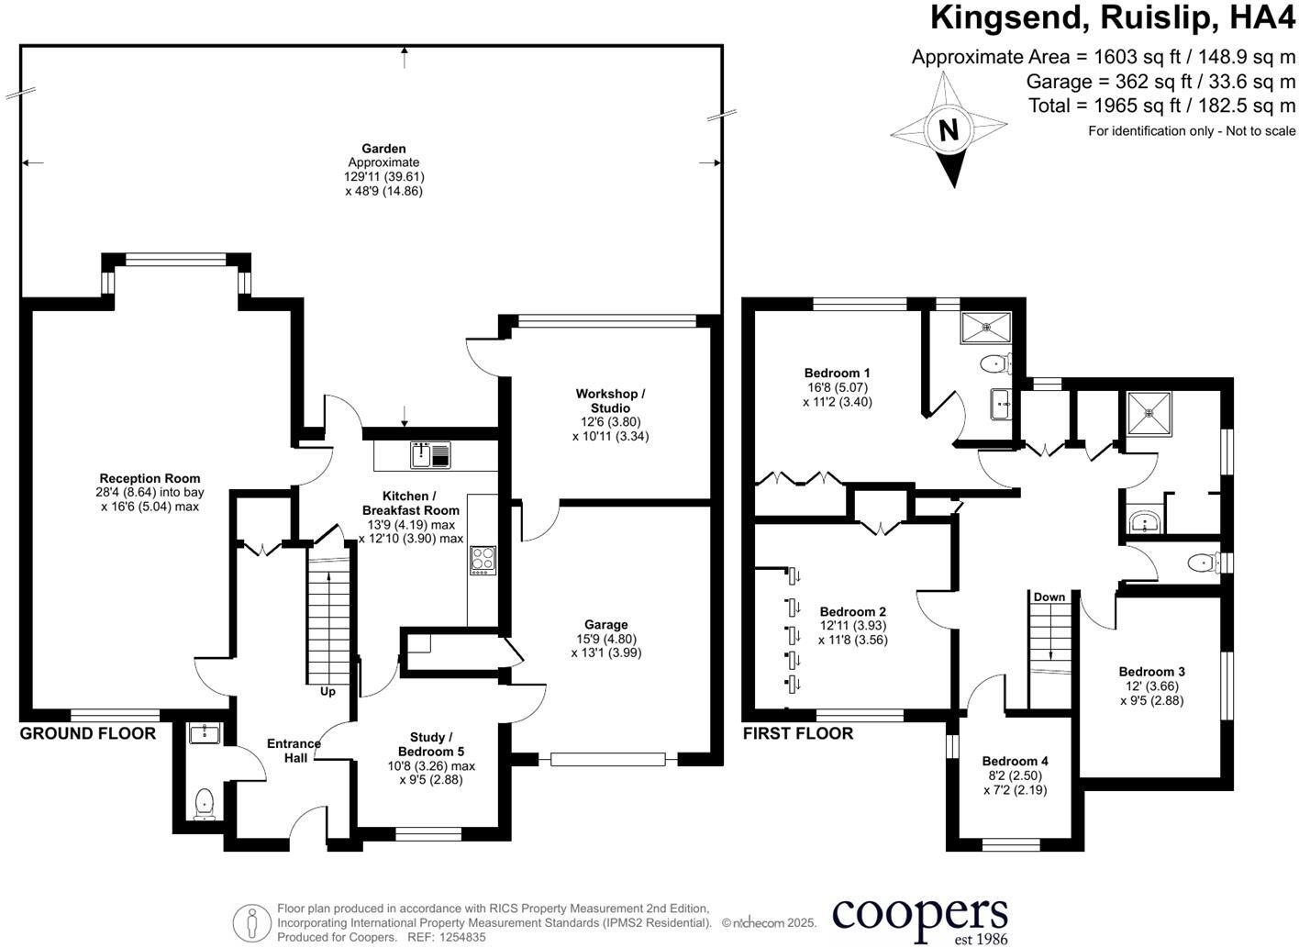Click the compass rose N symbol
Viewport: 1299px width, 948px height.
tap(949, 129)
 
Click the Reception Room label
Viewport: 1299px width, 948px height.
tap(150, 478)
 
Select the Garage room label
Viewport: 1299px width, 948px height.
tap(605, 625)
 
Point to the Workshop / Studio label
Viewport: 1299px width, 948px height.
tap(610, 401)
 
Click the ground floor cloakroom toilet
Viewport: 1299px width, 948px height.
tap(204, 803)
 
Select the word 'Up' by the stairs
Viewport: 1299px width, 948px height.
tap(328, 691)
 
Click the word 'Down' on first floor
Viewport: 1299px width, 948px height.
tap(1049, 597)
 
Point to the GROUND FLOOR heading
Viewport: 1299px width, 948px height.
tap(88, 733)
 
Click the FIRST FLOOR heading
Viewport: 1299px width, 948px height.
tap(798, 733)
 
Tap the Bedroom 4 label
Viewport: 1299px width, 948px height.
tap(1015, 761)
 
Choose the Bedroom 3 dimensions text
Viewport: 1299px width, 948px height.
tap(1151, 693)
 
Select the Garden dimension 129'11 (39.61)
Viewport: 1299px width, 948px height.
tap(384, 176)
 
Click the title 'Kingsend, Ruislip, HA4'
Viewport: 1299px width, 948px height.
tap(1113, 18)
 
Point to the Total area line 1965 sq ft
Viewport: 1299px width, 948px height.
tap(1161, 106)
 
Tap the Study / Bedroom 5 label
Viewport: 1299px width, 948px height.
tap(430, 744)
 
